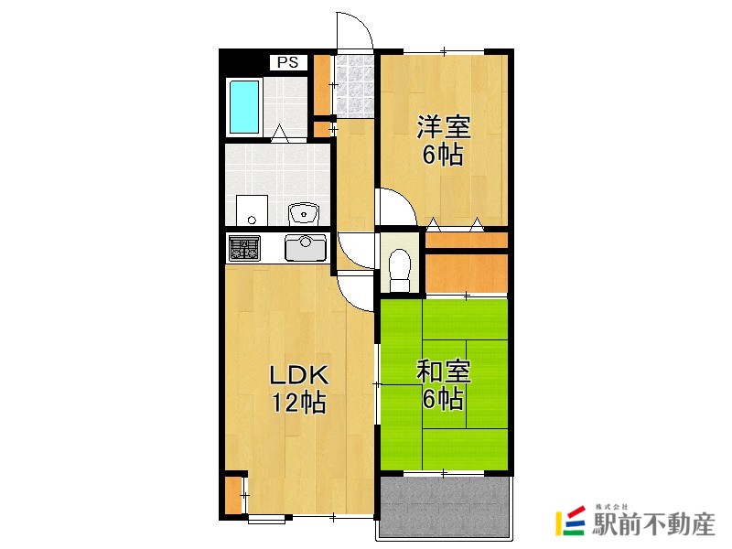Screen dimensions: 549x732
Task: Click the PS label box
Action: (288, 62)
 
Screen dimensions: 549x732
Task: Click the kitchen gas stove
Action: (243, 248)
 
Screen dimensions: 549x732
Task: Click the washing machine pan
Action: (251, 210)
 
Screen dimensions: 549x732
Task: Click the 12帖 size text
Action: (298, 403)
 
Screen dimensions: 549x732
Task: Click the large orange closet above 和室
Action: (466, 271)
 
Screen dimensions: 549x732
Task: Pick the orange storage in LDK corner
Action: (234, 493)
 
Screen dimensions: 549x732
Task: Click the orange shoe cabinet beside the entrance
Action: (321, 83)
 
